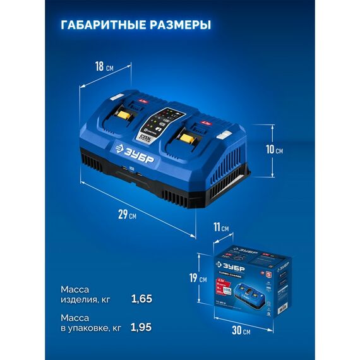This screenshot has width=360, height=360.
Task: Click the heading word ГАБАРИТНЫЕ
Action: (x=99, y=25)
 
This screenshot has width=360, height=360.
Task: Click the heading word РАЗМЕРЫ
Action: (x=176, y=25)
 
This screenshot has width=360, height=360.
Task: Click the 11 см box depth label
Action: (x=220, y=227)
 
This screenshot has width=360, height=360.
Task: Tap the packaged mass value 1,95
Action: (x=142, y=328)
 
